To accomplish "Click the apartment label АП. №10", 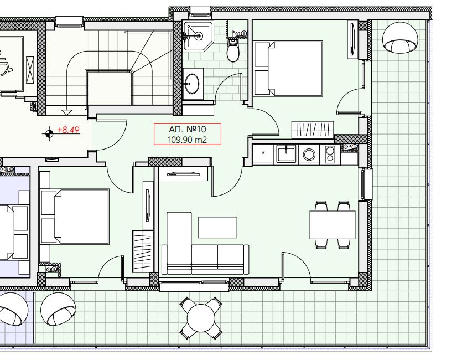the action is pyautogui.click(x=188, y=129).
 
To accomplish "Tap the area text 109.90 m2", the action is pyautogui.click(x=188, y=140).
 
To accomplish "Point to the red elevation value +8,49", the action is pyautogui.click(x=68, y=130).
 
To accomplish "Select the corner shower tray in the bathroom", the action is pyautogui.click(x=198, y=35).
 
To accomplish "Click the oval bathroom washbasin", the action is pyautogui.click(x=193, y=84).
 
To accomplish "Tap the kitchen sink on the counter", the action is pyautogui.click(x=286, y=153).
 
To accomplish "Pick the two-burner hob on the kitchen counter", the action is pyautogui.click(x=330, y=155).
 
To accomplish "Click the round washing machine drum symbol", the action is pyautogui.click(x=309, y=155).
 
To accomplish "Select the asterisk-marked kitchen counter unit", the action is pyautogui.click(x=263, y=155).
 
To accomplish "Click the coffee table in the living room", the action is pyautogui.click(x=217, y=227).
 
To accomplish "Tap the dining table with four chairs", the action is pyautogui.click(x=333, y=225).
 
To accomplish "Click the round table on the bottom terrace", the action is pyautogui.click(x=201, y=318).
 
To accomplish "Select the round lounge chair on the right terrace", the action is pyautogui.click(x=400, y=37).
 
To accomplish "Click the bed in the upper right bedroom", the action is pyautogui.click(x=288, y=69).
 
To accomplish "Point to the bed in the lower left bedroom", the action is pyautogui.click(x=75, y=216).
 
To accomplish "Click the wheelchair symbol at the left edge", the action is pyautogui.click(x=5, y=65).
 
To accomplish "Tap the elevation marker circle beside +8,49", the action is pyautogui.click(x=49, y=134).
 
